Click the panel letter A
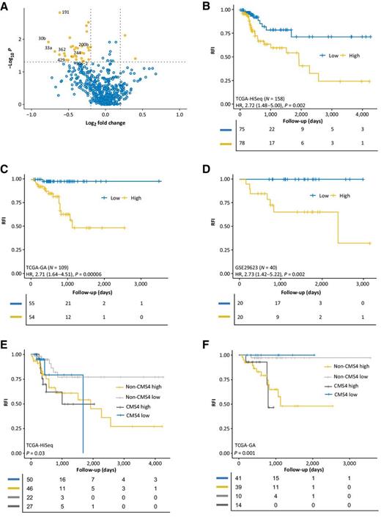pyautogui.click(x=5, y=6)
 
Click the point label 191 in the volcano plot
pyautogui.click(x=66, y=12)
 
